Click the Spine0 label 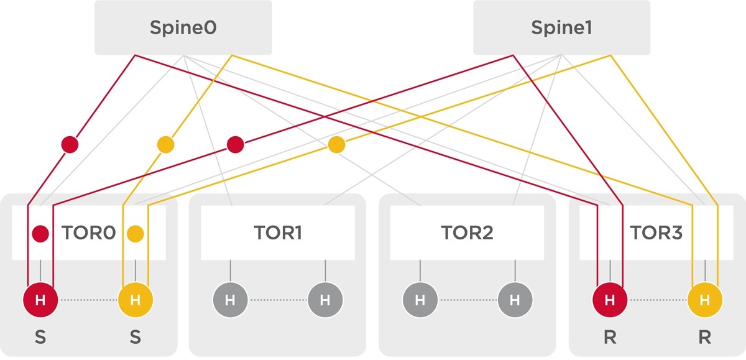183,28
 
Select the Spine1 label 561,27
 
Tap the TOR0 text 88,233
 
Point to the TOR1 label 278,233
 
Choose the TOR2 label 467,233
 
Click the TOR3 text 656,233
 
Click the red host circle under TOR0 40,300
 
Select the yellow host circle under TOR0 136,300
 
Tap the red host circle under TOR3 610,300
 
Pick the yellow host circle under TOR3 705,300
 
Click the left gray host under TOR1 230,300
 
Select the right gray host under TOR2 515,300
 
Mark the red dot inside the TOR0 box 40,233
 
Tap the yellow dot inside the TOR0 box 136,233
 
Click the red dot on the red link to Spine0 70,144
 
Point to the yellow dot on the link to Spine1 336,144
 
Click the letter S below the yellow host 136,337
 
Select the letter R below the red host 610,337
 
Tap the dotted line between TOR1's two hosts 278,300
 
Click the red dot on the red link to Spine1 236,144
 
